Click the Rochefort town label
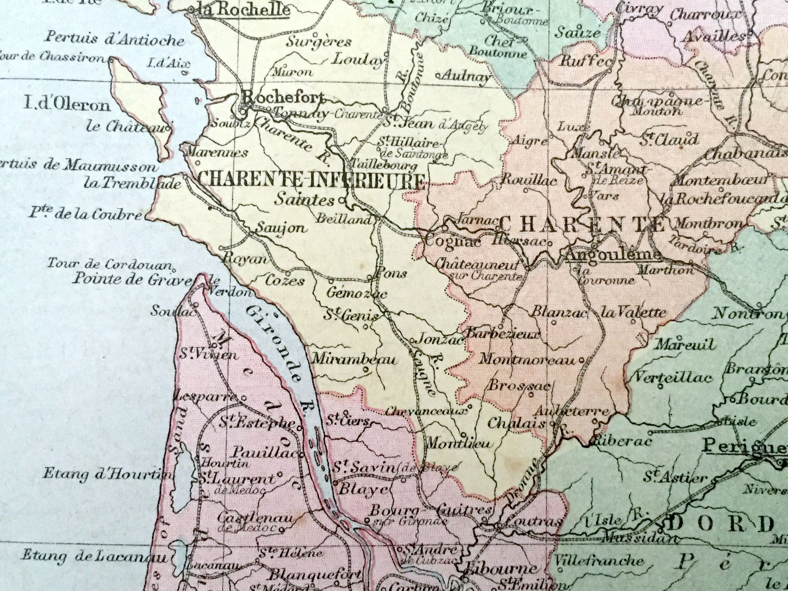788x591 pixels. pyautogui.click(x=282, y=98)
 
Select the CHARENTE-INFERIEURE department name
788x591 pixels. pyautogui.click(x=311, y=180)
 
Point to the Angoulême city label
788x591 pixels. pyautogui.click(x=613, y=255)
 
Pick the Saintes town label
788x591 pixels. pyautogui.click(x=304, y=200)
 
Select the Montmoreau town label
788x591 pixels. pyautogui.click(x=527, y=360)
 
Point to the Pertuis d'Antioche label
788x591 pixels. pyautogui.click(x=115, y=39)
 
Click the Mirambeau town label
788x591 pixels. pyautogui.click(x=354, y=360)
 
